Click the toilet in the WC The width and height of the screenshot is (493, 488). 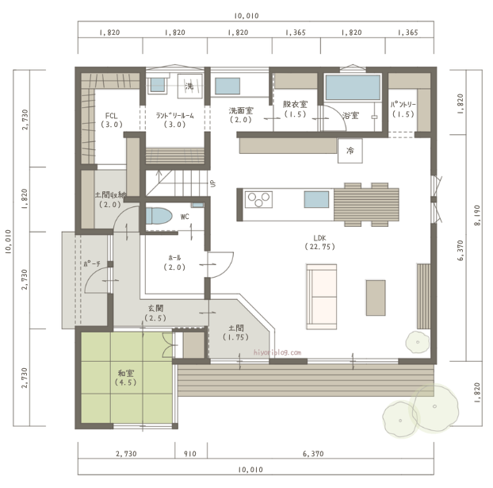pos(159,216)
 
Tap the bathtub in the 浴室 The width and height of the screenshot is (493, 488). pos(353,87)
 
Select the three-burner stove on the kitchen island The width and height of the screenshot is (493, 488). pos(258,199)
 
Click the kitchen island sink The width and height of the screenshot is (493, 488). pos(316,200)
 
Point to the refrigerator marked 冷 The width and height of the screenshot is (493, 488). pos(350,151)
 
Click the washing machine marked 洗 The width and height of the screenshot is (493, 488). pos(190,86)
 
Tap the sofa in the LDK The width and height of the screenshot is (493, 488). pos(321,297)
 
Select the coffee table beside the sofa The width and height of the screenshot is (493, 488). pos(376,298)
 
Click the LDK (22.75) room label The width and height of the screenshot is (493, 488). pos(319,243)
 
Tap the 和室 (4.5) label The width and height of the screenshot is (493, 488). pos(126,378)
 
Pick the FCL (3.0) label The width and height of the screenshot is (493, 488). pos(112,120)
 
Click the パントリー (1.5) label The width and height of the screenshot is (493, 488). pos(403,110)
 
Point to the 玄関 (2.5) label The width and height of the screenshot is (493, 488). pos(155,313)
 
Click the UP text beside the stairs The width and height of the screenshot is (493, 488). pos(213,183)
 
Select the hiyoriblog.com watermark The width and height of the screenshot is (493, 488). pos(277,352)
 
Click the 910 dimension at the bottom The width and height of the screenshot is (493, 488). pos(190,454)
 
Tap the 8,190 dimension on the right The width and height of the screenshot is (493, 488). pos(477,215)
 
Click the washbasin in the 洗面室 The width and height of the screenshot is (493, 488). pos(227,86)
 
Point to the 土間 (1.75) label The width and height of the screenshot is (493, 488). pos(236,332)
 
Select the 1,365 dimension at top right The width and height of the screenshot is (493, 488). pos(407,33)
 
